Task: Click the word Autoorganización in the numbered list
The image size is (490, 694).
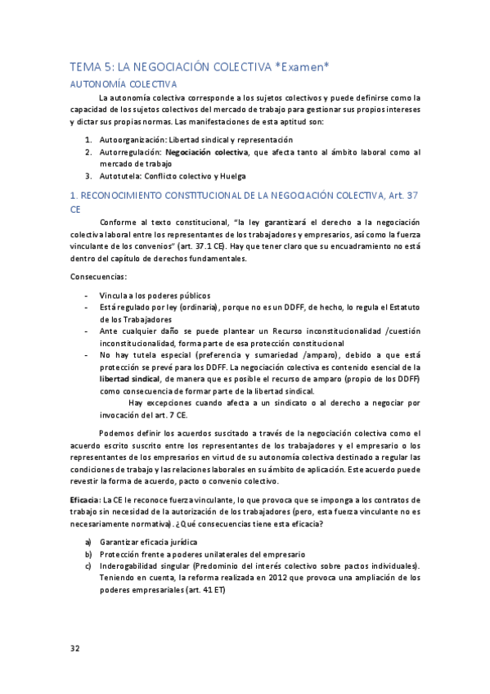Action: pyautogui.click(x=131, y=139)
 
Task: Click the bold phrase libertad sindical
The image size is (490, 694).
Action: pyautogui.click(x=129, y=380)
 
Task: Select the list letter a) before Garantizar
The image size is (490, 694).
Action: pyautogui.click(x=88, y=543)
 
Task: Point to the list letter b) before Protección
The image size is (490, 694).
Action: pyautogui.click(x=88, y=554)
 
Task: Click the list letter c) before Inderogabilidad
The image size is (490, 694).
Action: pyautogui.click(x=88, y=566)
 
